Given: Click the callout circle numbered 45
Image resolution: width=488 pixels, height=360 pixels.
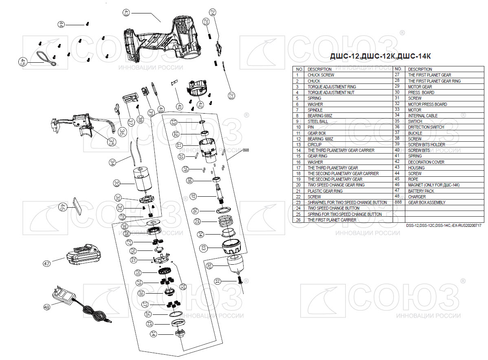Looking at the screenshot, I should (x=22, y=62).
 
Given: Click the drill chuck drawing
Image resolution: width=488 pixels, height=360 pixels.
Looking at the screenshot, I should (x=234, y=265).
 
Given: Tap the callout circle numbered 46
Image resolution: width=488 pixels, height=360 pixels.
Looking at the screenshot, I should (x=62, y=207).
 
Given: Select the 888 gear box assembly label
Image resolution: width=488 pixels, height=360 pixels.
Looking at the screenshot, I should (x=245, y=150).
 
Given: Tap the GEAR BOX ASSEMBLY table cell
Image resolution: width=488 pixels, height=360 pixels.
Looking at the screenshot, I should (x=426, y=202).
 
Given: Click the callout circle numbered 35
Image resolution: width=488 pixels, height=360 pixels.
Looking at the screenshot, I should (x=112, y=142).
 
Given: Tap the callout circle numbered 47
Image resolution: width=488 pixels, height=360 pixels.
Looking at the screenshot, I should (x=47, y=263).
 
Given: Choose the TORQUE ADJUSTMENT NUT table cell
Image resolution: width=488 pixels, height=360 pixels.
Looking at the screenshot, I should (x=331, y=92).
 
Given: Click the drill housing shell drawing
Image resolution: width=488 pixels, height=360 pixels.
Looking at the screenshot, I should (x=163, y=39).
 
